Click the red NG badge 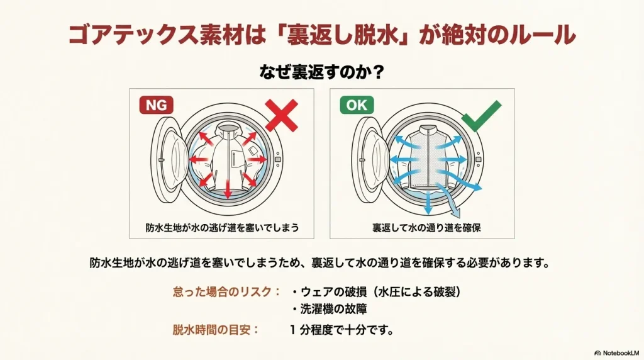coord(156,105)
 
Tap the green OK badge coord(357,105)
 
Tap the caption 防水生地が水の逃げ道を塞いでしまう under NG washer coord(222,227)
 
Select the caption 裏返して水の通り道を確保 coord(426,227)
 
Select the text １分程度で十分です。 coord(341,329)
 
